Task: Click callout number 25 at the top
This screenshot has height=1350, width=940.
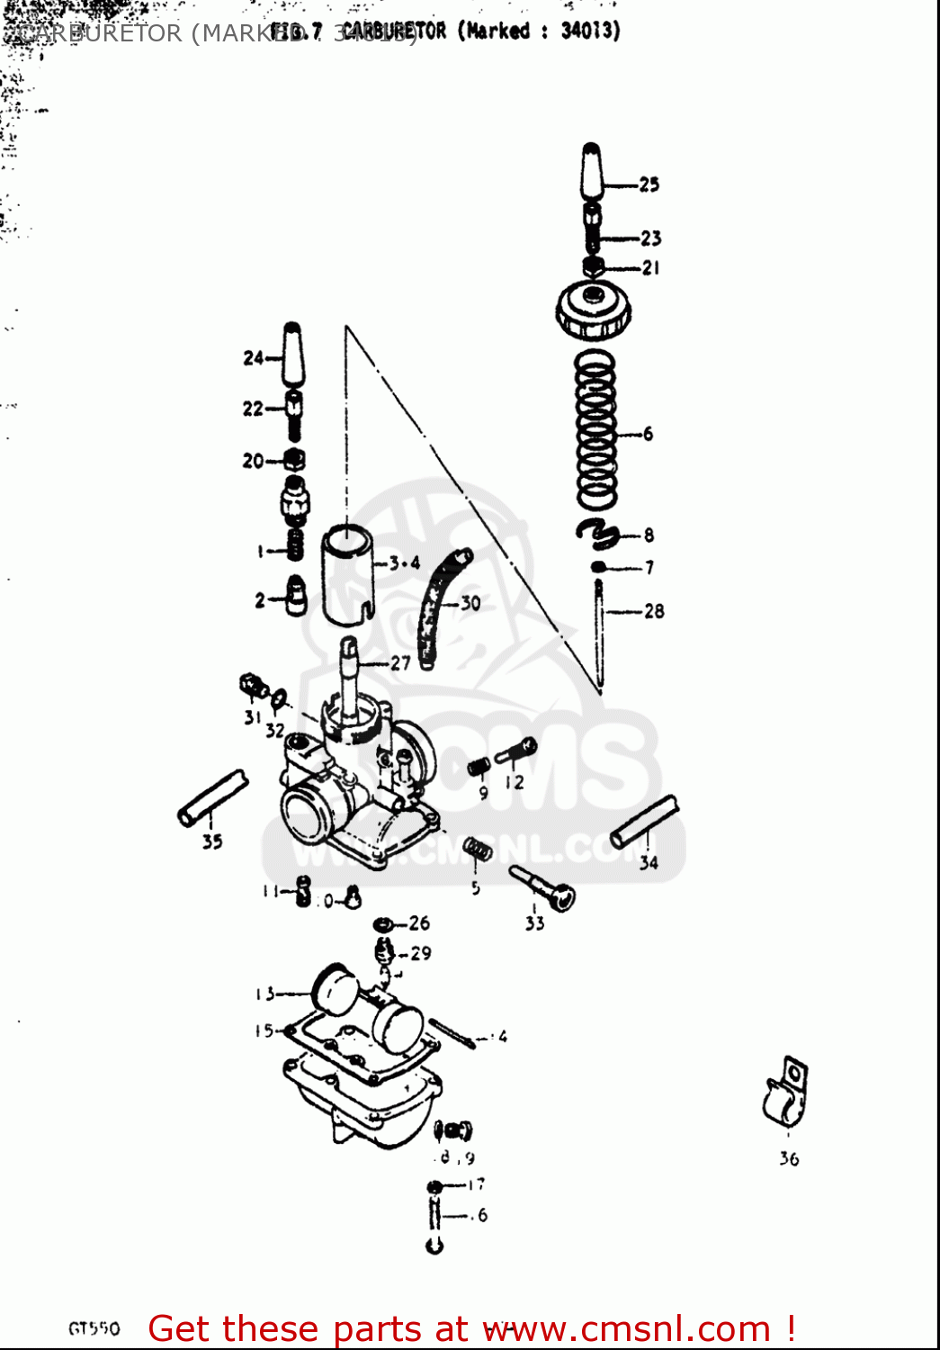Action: (649, 184)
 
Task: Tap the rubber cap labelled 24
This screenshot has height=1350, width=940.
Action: (293, 355)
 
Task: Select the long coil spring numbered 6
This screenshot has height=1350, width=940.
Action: (596, 430)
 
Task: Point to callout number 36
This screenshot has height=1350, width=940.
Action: (789, 1159)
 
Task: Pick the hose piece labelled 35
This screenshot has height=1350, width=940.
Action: (212, 797)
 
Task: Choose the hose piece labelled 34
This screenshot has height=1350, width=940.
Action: (644, 822)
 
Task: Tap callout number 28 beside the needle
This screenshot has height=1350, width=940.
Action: (654, 611)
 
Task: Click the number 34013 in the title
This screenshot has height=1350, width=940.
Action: (590, 31)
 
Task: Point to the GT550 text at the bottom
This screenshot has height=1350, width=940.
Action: (94, 1328)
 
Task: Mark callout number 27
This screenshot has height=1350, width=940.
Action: (400, 663)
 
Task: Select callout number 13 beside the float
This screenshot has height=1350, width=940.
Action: (264, 994)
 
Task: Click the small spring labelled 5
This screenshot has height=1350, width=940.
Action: (478, 850)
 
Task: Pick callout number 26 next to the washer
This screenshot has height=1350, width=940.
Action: (419, 922)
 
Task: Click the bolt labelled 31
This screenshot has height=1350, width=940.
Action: (253, 687)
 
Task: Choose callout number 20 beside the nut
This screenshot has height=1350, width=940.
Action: (253, 461)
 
